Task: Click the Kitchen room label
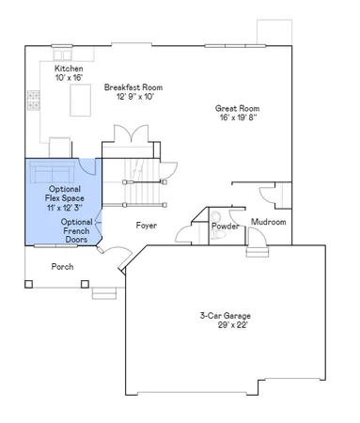point(70,69)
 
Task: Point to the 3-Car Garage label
point(225,315)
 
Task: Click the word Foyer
point(146,226)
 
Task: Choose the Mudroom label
point(268,222)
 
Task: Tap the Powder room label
point(225,227)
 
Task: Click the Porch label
point(62,266)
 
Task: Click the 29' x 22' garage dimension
point(225,325)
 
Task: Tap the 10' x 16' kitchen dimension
point(70,79)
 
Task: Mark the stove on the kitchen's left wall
point(32,98)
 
